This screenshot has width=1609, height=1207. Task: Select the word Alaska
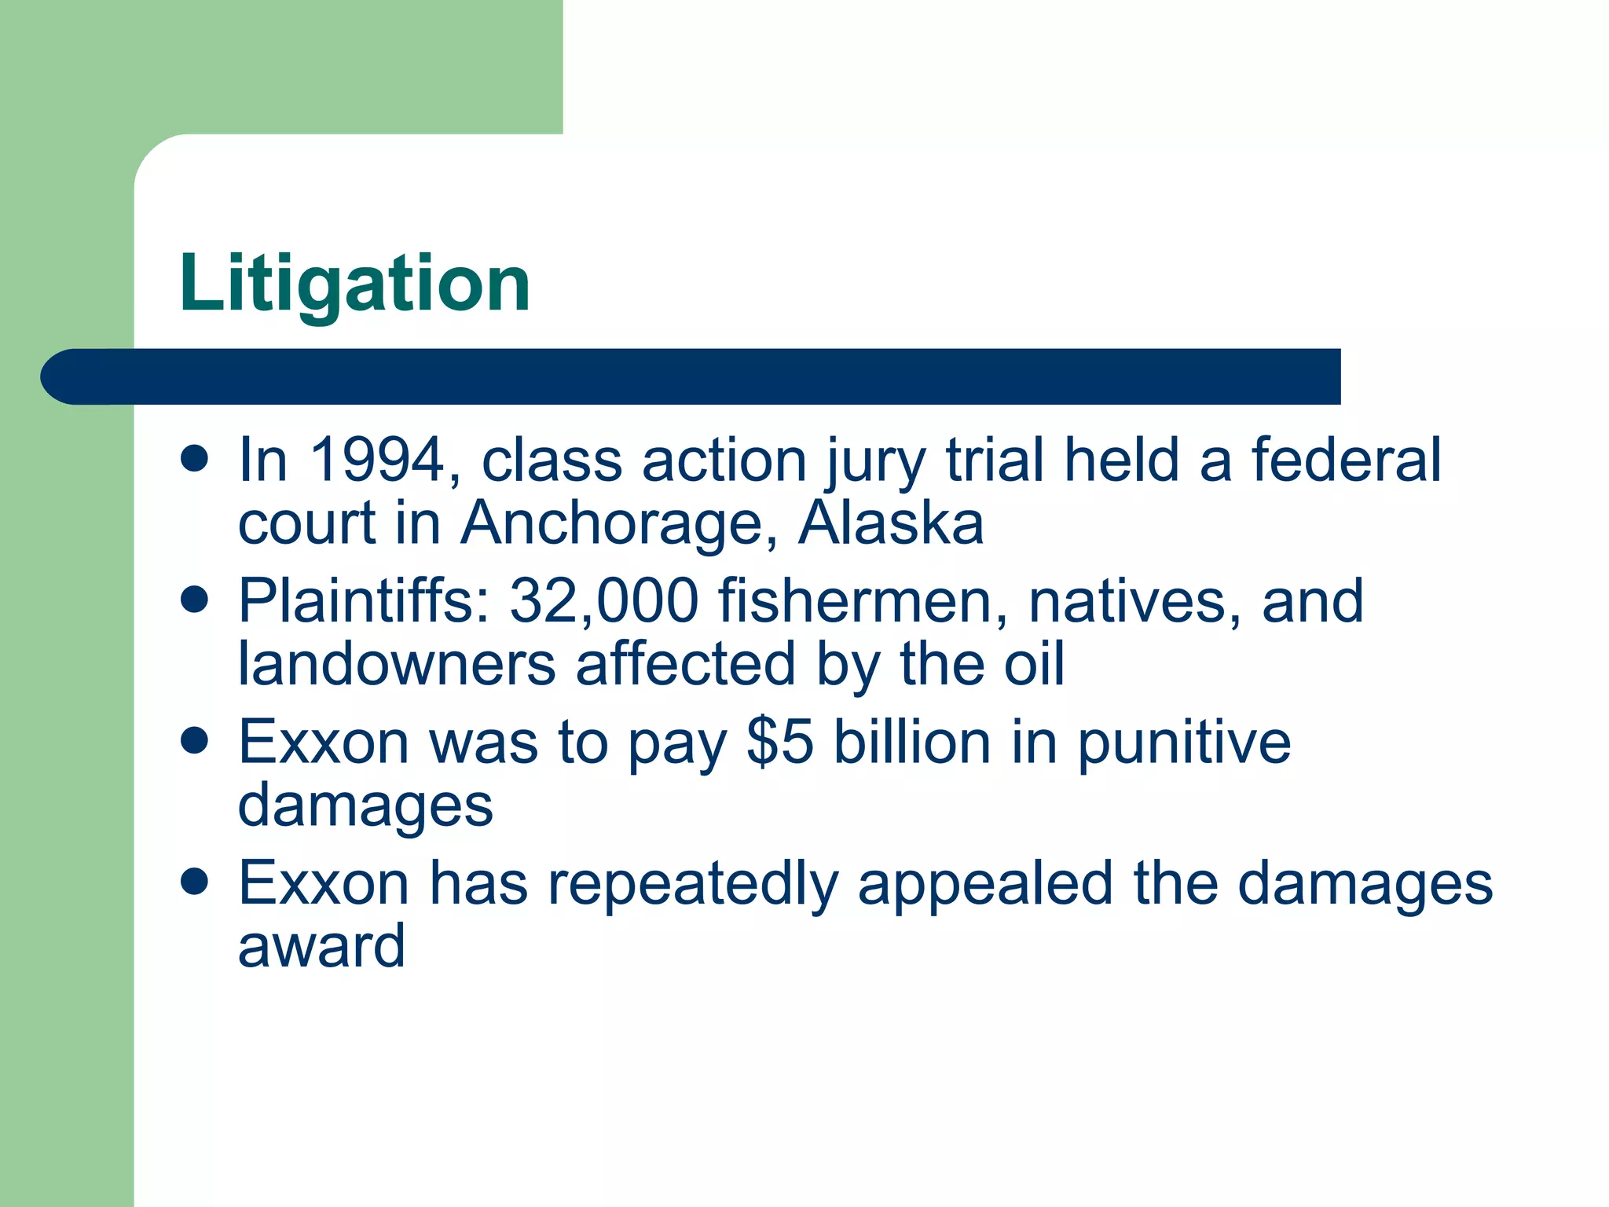pyautogui.click(x=890, y=523)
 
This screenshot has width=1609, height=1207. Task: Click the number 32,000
pyautogui.click(x=603, y=601)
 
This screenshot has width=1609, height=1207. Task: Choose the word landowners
pyautogui.click(x=397, y=664)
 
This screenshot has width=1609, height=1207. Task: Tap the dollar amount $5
pyautogui.click(x=779, y=742)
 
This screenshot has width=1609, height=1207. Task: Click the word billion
pyautogui.click(x=912, y=742)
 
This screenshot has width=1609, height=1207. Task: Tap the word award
pyautogui.click(x=321, y=946)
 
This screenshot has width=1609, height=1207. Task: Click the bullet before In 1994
pyautogui.click(x=194, y=459)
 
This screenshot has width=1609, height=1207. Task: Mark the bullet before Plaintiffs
pyautogui.click(x=194, y=600)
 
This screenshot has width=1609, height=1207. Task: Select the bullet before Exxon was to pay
pyautogui.click(x=194, y=741)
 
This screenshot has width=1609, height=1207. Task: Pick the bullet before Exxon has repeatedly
pyautogui.click(x=194, y=882)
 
